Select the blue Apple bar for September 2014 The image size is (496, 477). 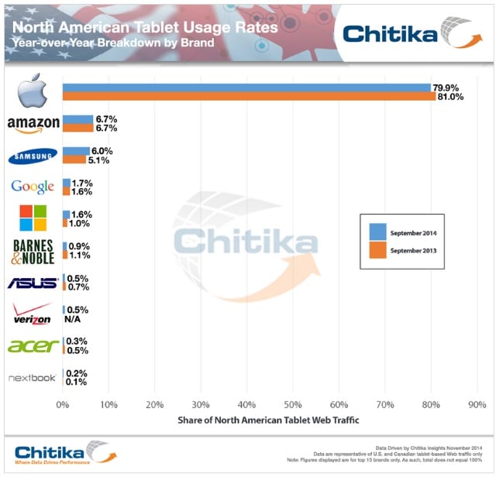pyautogui.click(x=246, y=88)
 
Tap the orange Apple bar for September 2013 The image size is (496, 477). pyautogui.click(x=248, y=97)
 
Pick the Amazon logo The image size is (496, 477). pyautogui.click(x=32, y=125)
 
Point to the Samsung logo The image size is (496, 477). pyautogui.click(x=32, y=156)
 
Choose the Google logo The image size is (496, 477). pyautogui.click(x=32, y=187)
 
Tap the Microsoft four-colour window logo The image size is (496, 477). pyautogui.click(x=32, y=218)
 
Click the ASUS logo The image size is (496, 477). pyautogui.click(x=32, y=283)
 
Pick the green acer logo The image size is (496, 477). pyautogui.click(x=32, y=345)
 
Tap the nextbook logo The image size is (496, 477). pyautogui.click(x=32, y=378)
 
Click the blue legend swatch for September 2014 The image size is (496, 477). pyautogui.click(x=377, y=232)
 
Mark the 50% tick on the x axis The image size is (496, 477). pyautogui.click(x=292, y=404)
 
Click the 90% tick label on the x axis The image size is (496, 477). pyautogui.click(x=477, y=404)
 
